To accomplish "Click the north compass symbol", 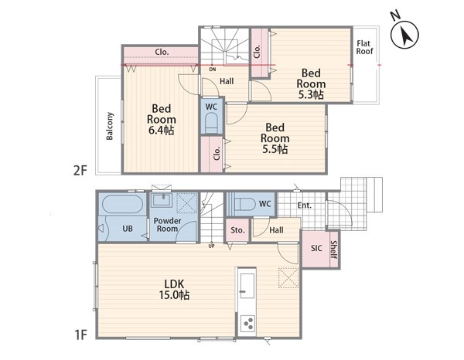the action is pyautogui.click(x=404, y=35).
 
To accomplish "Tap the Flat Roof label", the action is pyautogui.click(x=364, y=47).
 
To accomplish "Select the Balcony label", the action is pyautogui.click(x=110, y=126).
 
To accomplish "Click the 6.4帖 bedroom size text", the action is pyautogui.click(x=162, y=130).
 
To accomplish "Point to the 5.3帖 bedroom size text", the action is pyautogui.click(x=311, y=94).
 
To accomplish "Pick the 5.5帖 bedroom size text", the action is pyautogui.click(x=275, y=149).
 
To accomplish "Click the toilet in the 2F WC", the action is pyautogui.click(x=211, y=123).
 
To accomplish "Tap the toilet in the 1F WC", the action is pyautogui.click(x=244, y=204).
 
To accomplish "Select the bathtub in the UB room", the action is pyautogui.click(x=122, y=204).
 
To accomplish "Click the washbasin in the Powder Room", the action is pyautogui.click(x=162, y=200).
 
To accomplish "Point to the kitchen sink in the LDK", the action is pyautogui.click(x=247, y=286).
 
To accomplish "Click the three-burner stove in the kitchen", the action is pyautogui.click(x=247, y=323).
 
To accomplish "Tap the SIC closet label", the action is pyautogui.click(x=316, y=248).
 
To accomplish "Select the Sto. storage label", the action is pyautogui.click(x=237, y=230).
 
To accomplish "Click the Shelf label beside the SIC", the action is pyautogui.click(x=333, y=250).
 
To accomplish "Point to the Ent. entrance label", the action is pyautogui.click(x=305, y=205).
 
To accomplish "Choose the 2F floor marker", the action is pyautogui.click(x=80, y=170).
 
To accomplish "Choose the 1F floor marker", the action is pyautogui.click(x=80, y=335).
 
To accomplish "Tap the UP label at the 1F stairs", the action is pyautogui.click(x=211, y=246).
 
